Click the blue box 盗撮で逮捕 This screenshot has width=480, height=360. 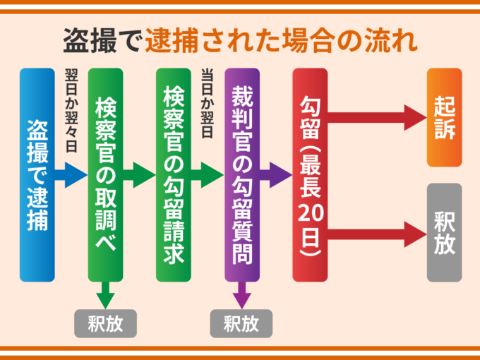coord(37,175)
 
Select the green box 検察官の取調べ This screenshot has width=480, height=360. coord(105,175)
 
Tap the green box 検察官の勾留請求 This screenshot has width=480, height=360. coord(174,175)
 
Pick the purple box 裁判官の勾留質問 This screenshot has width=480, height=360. coord(241,175)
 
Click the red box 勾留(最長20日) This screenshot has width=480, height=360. coord(310,175)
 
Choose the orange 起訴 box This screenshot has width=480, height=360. coord(444,117)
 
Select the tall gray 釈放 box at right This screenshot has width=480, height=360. coord(444,232)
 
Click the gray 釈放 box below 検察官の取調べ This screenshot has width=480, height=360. coord(105,323)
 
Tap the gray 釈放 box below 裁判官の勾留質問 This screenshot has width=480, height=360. coord(241,323)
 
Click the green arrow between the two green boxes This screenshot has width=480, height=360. coord(139,174)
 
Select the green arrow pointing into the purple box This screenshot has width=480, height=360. coord(208,174)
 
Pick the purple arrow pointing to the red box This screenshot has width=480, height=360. coord(275,174)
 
